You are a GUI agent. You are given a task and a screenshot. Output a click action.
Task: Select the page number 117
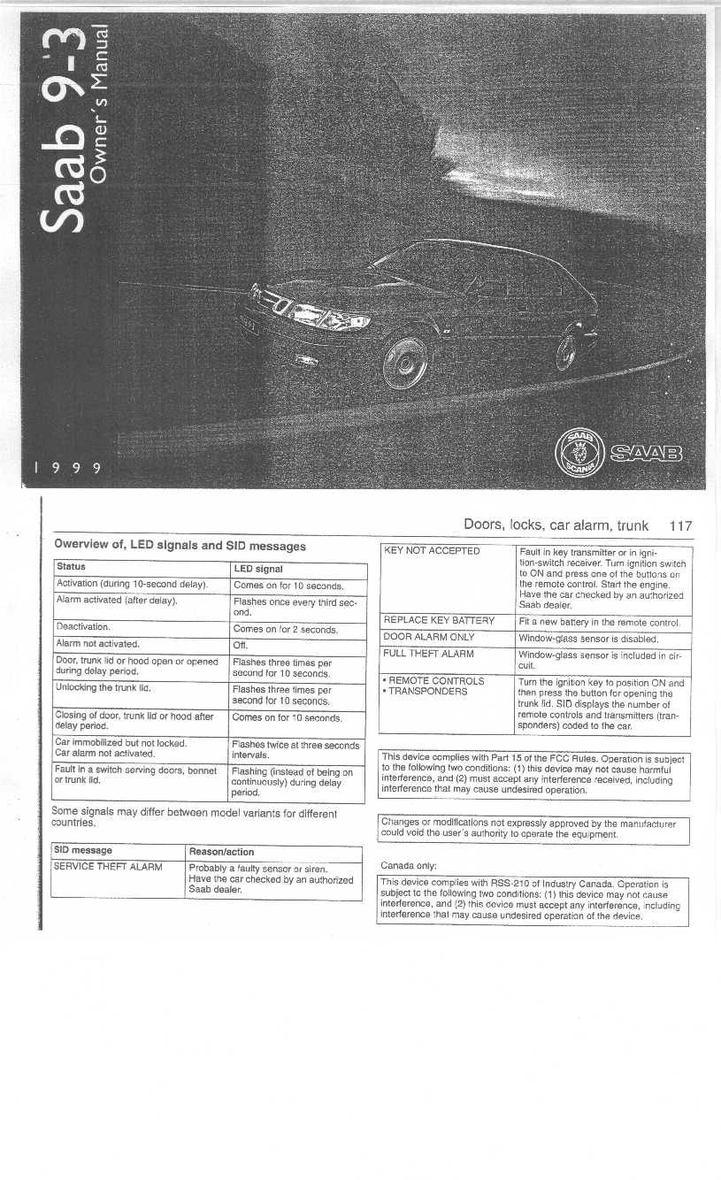click(680, 525)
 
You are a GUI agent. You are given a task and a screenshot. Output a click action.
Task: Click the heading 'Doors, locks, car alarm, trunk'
click(556, 525)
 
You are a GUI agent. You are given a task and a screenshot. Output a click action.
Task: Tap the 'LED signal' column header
click(257, 570)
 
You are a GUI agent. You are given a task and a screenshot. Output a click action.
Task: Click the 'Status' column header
click(70, 566)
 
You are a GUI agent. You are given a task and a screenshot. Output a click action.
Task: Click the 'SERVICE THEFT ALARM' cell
click(108, 866)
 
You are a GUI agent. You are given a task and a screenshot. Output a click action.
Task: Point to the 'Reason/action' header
click(222, 852)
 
